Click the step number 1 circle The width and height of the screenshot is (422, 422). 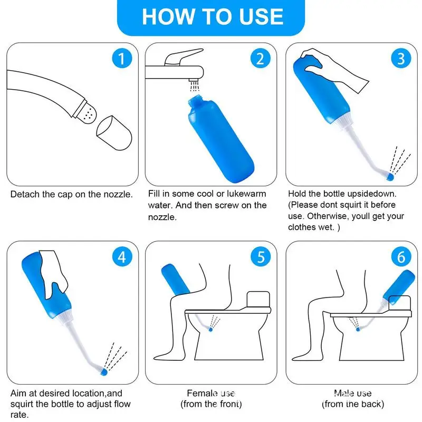click(122, 59)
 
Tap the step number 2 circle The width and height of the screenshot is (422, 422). click(260, 59)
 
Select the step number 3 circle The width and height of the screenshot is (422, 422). click(401, 59)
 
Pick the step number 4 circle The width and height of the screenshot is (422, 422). click(122, 257)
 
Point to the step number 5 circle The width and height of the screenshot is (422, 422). click(260, 257)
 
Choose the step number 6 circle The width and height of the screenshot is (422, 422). click(401, 257)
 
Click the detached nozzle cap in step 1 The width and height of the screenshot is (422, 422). click(114, 133)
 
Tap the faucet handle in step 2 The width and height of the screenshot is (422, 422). click(183, 56)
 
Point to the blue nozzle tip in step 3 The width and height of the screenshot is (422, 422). click(390, 177)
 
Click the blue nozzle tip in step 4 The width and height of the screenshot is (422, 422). click(104, 372)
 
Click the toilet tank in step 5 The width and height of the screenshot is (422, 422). click(258, 299)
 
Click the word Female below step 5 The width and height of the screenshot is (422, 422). click(203, 393)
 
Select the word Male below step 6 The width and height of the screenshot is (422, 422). click(343, 393)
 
